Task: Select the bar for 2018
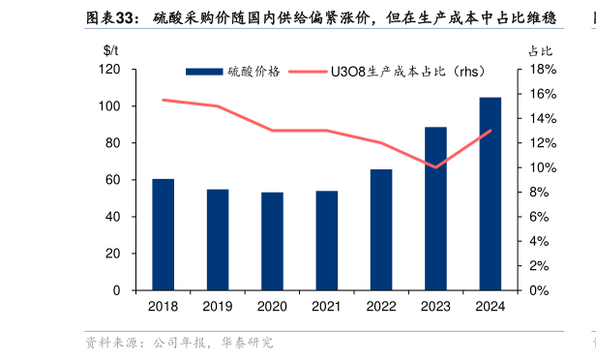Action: click(x=164, y=234)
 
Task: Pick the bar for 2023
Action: click(x=435, y=208)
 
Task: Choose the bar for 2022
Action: click(x=381, y=229)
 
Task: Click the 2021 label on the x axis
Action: click(x=327, y=306)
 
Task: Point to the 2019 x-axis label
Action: click(x=218, y=306)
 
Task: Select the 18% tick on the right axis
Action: click(x=539, y=70)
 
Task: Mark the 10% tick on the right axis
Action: click(x=539, y=167)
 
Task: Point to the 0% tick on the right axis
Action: click(x=536, y=290)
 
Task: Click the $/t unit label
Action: click(x=111, y=49)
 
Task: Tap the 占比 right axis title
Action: click(x=539, y=49)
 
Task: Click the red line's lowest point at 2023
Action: click(x=435, y=166)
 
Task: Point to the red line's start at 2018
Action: click(x=164, y=100)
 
